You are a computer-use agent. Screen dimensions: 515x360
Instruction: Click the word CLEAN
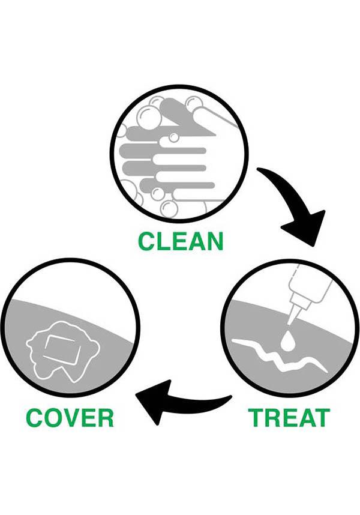(181, 241)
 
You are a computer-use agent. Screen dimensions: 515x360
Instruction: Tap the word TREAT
(289, 417)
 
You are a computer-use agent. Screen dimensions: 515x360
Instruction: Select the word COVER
(70, 417)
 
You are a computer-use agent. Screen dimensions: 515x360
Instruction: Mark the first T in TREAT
(257, 417)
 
